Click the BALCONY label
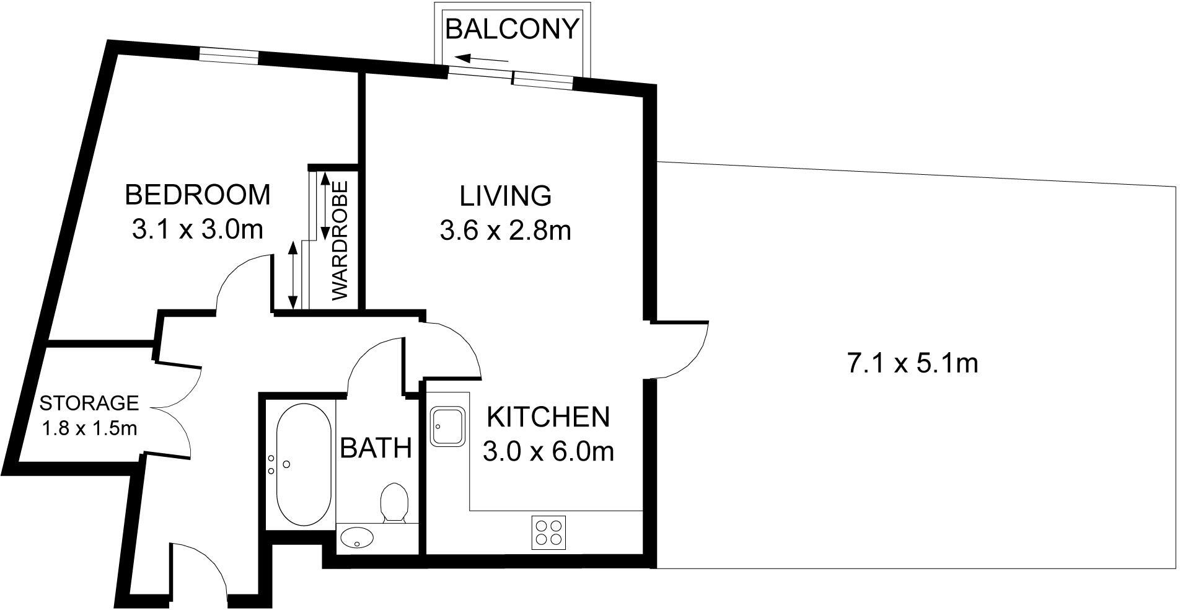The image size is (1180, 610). click(512, 29)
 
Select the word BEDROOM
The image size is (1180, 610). click(198, 195)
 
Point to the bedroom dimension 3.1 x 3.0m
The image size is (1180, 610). click(198, 230)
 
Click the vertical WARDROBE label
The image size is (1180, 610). click(341, 241)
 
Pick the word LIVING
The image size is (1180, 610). click(505, 196)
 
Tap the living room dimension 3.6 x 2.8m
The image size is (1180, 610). click(505, 231)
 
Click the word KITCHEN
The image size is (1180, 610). click(548, 417)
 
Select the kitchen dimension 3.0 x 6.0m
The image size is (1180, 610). click(548, 452)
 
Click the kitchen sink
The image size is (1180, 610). click(447, 427)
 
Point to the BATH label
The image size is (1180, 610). click(376, 448)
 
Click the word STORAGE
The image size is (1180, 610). click(89, 404)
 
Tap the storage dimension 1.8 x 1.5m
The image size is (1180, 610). click(89, 428)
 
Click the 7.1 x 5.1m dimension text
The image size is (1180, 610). click(912, 363)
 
